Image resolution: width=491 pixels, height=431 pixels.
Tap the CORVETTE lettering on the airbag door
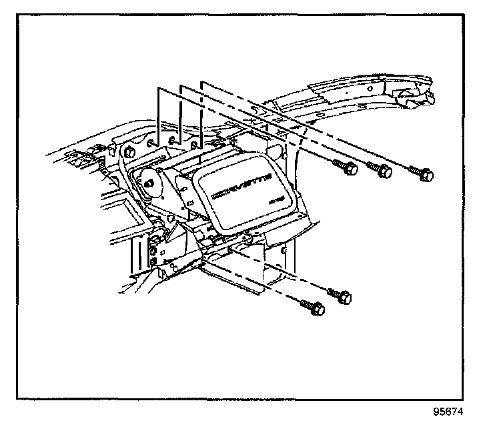click(239, 184)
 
